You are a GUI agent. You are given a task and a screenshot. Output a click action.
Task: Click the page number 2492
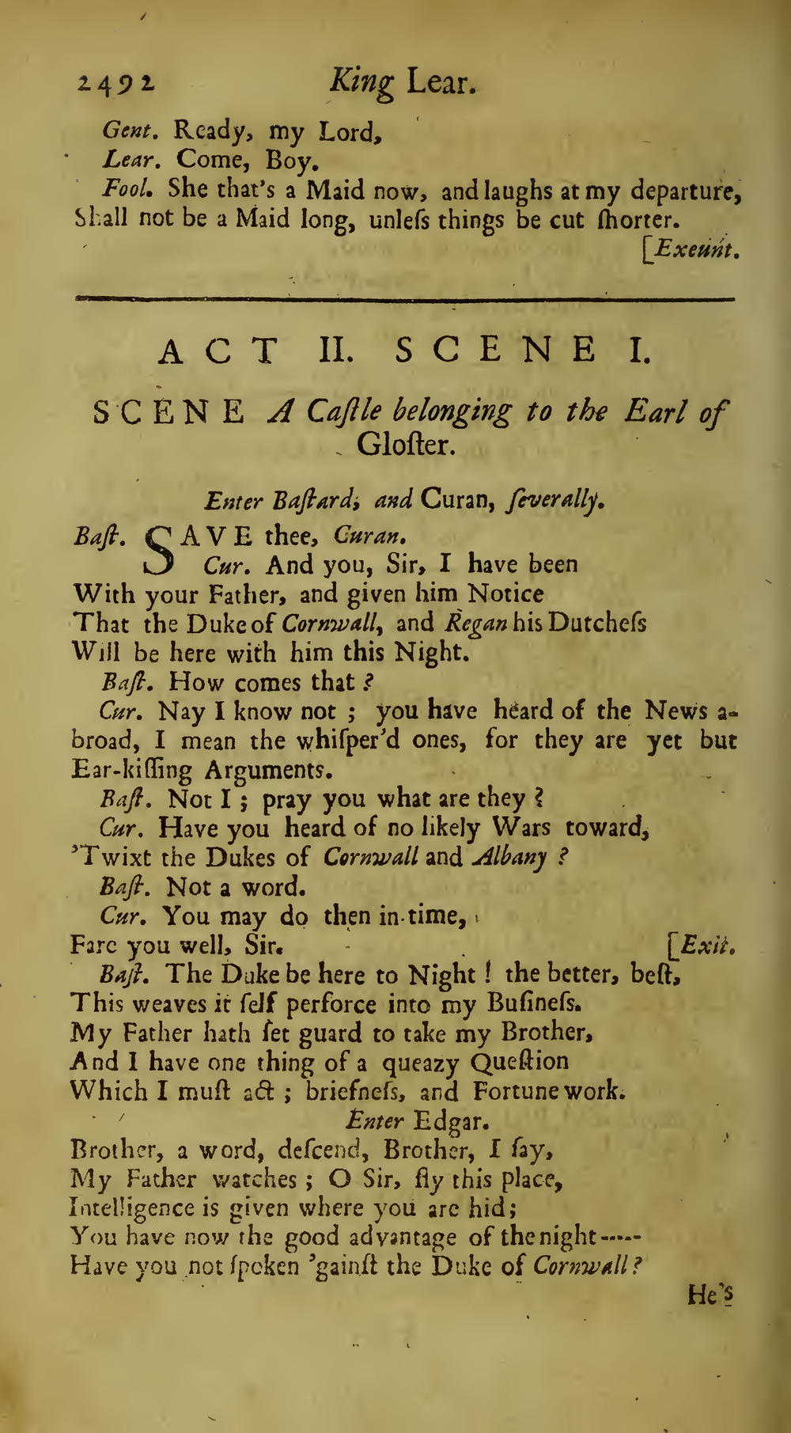116,83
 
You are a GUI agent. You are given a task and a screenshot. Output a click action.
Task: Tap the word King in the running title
362,83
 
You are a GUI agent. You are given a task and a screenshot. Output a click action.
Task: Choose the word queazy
422,1062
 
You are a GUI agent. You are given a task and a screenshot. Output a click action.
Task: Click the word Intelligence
132,1207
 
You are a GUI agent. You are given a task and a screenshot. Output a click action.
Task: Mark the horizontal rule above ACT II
403,299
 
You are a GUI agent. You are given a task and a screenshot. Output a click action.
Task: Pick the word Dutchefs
596,623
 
